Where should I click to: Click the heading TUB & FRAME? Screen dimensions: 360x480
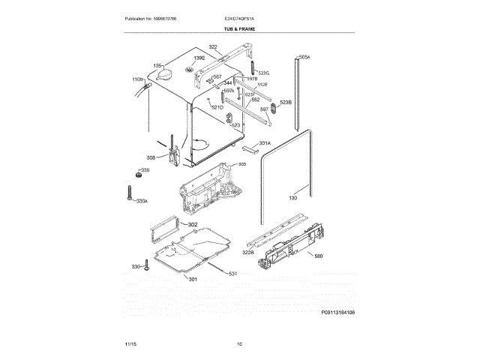pyautogui.click(x=239, y=28)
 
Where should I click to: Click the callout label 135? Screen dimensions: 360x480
pyautogui.click(x=157, y=66)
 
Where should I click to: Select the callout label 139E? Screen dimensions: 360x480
pyautogui.click(x=199, y=58)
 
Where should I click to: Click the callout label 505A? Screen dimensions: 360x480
pyautogui.click(x=304, y=57)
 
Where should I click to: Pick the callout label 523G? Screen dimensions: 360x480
pyautogui.click(x=263, y=73)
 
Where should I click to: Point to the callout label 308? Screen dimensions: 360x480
pyautogui.click(x=151, y=157)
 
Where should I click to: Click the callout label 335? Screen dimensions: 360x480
pyautogui.click(x=145, y=171)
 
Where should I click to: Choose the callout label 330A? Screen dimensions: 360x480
pyautogui.click(x=142, y=200)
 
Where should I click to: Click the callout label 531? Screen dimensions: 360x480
pyautogui.click(x=232, y=273)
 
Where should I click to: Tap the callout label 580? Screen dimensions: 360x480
pyautogui.click(x=318, y=256)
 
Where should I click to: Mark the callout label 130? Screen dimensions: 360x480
pyautogui.click(x=293, y=198)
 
